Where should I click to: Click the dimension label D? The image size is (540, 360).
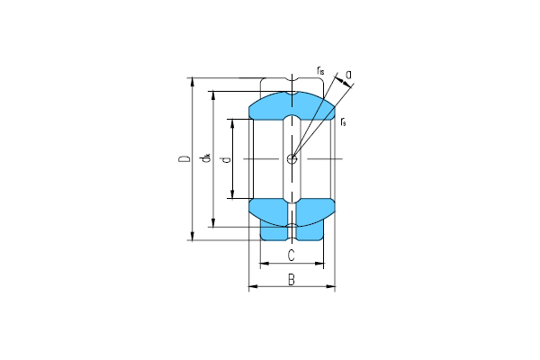tap(184, 159)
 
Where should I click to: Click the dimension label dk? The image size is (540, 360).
tap(206, 159)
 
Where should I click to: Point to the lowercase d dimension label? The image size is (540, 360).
tap(225, 159)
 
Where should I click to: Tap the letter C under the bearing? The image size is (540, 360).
tap(291, 256)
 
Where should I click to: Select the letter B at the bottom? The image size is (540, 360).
tap(291, 279)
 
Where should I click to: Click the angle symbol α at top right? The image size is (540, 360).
tap(347, 76)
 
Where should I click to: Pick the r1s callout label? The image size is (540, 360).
tap(320, 69)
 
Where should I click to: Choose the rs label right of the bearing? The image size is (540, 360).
tap(344, 120)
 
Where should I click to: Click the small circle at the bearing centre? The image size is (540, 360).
tap(291, 159)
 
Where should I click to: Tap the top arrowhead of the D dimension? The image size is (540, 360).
tap(193, 81)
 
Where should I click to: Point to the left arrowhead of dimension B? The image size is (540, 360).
tap(251, 287)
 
